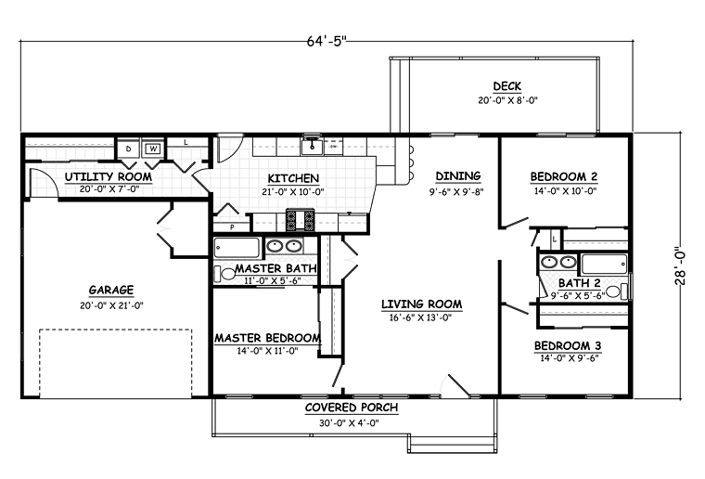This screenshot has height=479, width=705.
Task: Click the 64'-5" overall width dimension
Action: pyautogui.click(x=327, y=41)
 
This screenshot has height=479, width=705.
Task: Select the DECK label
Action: pyautogui.click(x=507, y=86)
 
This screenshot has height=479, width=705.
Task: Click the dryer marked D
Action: pyautogui.click(x=129, y=149)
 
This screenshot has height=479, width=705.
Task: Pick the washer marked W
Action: pyautogui.click(x=153, y=149)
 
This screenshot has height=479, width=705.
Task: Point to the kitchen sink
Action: pyautogui.click(x=311, y=146)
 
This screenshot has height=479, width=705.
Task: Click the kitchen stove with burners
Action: pyautogui.click(x=300, y=220)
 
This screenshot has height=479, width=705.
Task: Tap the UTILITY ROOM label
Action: pyautogui.click(x=109, y=176)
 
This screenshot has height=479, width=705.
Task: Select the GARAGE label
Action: pyautogui.click(x=111, y=291)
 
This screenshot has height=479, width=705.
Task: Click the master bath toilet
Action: pyautogui.click(x=224, y=274)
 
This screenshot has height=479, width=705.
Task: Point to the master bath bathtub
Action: pyautogui.click(x=237, y=247)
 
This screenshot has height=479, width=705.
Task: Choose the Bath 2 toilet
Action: pyautogui.click(x=616, y=291)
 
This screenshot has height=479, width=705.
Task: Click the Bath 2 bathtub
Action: pyautogui.click(x=604, y=264)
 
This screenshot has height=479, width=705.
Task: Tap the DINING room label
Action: pyautogui.click(x=458, y=175)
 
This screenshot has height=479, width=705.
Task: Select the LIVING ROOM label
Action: pyautogui.click(x=422, y=304)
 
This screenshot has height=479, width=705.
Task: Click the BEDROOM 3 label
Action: pyautogui.click(x=568, y=346)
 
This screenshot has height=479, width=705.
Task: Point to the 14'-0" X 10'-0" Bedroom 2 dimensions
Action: pyautogui.click(x=565, y=190)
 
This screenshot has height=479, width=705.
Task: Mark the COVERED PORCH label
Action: pyautogui.click(x=352, y=408)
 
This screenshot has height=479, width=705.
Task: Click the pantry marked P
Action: pyautogui.click(x=232, y=227)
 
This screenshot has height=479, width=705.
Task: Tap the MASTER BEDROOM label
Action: pyautogui.click(x=267, y=338)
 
